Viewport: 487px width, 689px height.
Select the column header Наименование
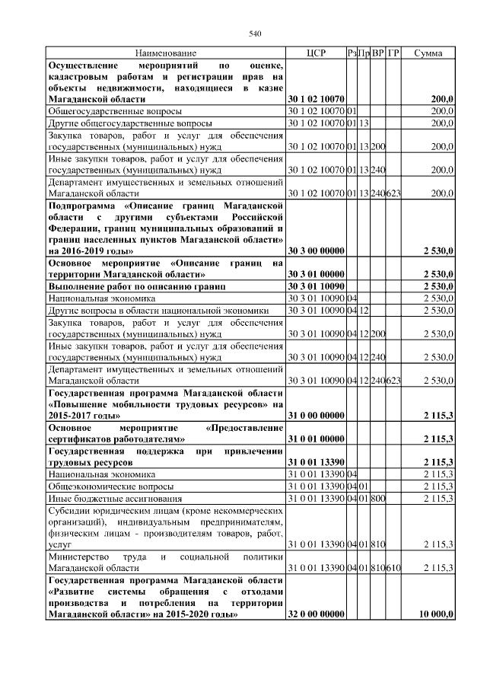click(165, 53)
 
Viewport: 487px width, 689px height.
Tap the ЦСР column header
click(315, 53)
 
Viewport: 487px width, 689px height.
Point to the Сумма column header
click(429, 53)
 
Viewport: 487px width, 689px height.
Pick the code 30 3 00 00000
click(315, 250)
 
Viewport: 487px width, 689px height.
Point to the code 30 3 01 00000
click(315, 273)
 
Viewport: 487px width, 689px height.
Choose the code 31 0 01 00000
click(316, 439)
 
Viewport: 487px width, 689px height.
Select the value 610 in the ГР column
click(393, 568)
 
